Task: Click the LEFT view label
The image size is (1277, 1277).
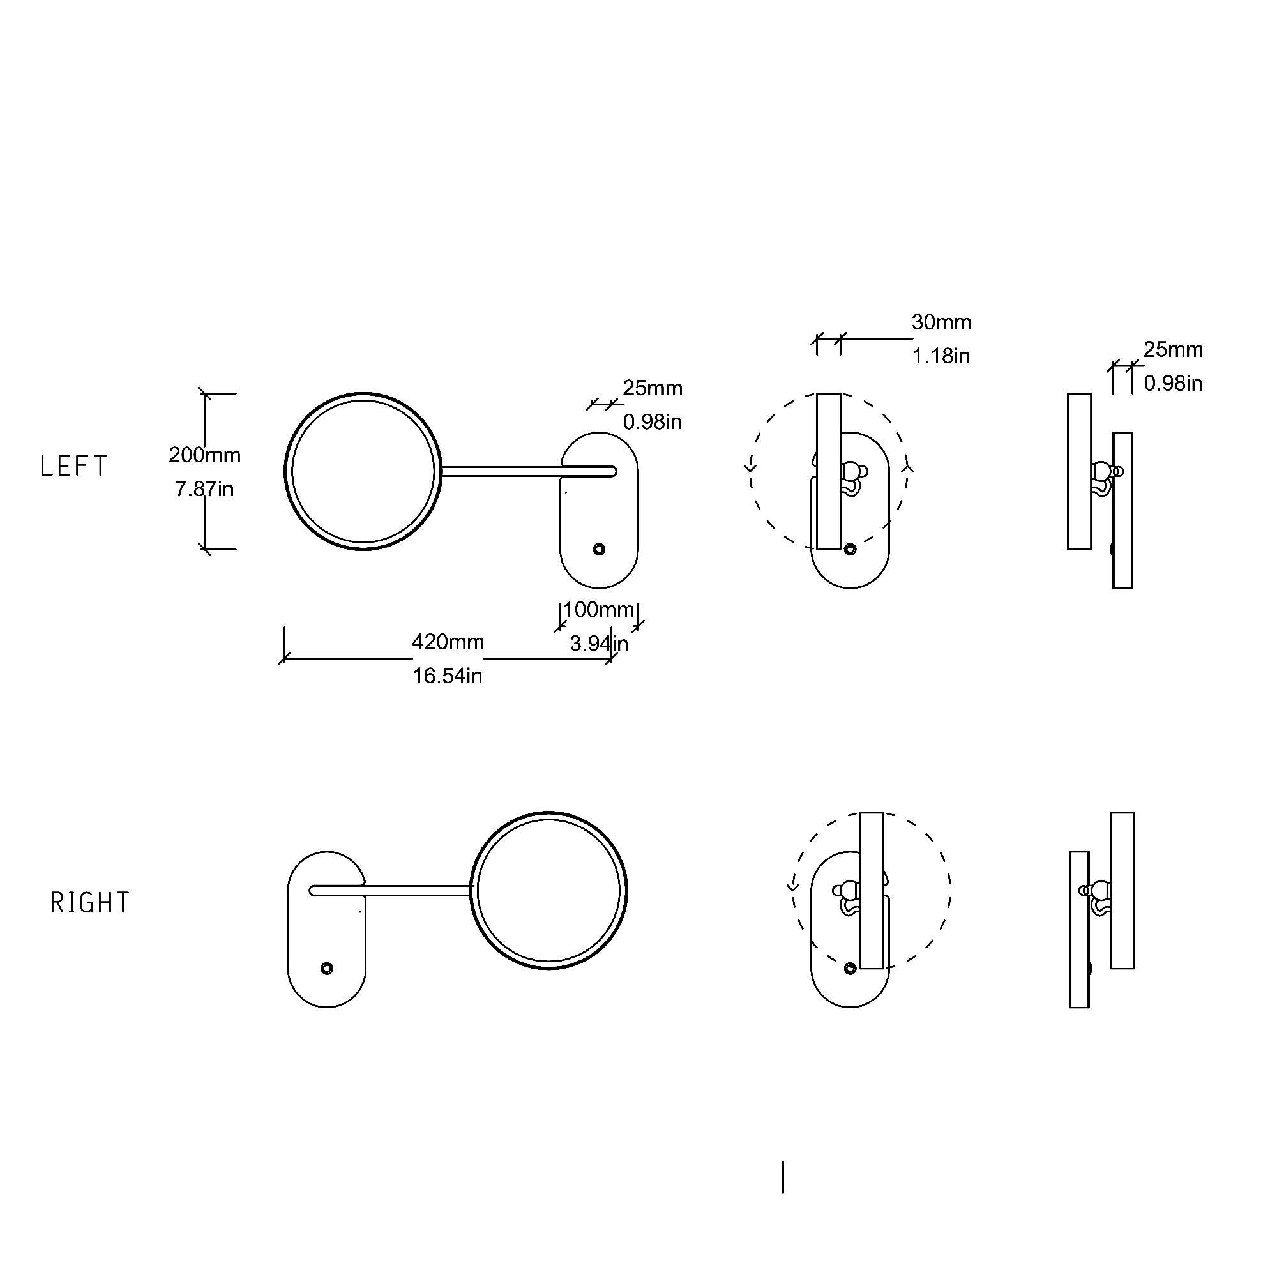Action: click(x=73, y=467)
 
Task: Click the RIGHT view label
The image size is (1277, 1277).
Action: click(x=90, y=903)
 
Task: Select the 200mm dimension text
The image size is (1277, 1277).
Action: click(x=204, y=455)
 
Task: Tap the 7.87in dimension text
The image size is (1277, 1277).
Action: click(x=204, y=489)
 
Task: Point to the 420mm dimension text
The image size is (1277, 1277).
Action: click(x=448, y=642)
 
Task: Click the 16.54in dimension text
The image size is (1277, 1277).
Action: click(x=448, y=676)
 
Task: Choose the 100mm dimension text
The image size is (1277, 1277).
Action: click(x=599, y=609)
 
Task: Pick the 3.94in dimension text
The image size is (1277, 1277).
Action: click(x=599, y=643)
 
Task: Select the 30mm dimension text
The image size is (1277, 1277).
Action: click(x=941, y=322)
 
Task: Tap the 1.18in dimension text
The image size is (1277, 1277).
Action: click(x=941, y=356)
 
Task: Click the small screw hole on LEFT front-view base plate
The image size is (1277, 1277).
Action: click(x=599, y=549)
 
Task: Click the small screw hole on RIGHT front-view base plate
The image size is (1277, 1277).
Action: click(x=326, y=969)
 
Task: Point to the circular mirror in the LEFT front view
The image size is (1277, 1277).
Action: click(x=363, y=471)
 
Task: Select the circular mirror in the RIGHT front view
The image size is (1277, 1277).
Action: click(x=548, y=890)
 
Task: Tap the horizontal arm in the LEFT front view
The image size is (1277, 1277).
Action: click(x=515, y=471)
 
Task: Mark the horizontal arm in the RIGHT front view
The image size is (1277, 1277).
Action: click(x=397, y=890)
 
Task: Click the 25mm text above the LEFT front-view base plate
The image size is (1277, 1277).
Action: click(x=653, y=388)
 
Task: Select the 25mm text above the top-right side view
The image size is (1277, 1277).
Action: click(x=1173, y=350)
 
